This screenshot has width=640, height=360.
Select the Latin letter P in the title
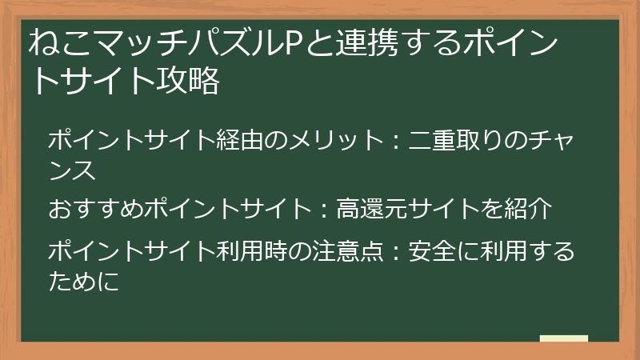pos(293,43)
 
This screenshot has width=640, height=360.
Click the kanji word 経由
pos(239,140)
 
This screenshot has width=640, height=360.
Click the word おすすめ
pos(95,209)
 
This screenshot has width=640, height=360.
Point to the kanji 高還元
pos(372,209)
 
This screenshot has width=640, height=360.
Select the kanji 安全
pos(432,251)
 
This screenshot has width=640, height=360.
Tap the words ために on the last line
pos(84,282)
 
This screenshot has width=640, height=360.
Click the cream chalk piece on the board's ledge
pos(564,338)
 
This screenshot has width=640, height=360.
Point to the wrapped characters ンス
pos(72,170)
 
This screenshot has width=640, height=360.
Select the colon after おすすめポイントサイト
pos(324,210)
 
